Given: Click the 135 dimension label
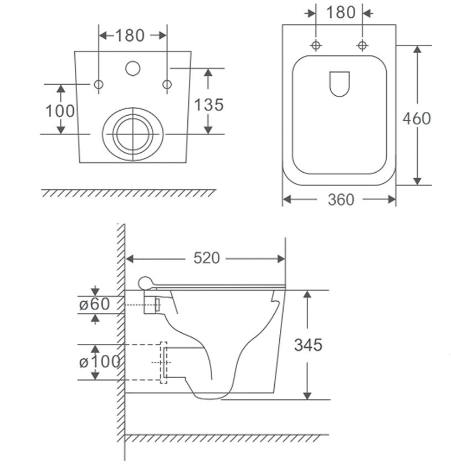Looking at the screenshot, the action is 209,105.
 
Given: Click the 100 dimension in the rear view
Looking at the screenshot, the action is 60,111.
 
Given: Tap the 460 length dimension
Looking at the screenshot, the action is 417,118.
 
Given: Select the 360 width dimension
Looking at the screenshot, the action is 341,199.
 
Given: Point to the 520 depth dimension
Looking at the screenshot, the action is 207,257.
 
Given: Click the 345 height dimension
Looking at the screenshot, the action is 308,345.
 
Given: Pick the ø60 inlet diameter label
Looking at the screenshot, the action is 94,304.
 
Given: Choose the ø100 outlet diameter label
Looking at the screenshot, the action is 100,362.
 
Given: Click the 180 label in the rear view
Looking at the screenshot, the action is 130,35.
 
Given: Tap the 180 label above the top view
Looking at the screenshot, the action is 341,12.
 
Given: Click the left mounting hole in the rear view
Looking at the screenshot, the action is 99,84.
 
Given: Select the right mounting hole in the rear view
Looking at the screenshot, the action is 167,84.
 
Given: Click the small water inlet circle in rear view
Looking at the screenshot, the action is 132,68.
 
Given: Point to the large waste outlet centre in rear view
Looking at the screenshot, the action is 133,135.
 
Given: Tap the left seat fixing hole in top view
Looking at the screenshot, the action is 316,45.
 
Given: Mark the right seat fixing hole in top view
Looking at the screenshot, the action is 362,45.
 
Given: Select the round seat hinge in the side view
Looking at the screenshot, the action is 145,283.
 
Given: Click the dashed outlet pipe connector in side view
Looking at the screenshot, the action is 163,363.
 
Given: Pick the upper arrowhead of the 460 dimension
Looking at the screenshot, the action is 417,49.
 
